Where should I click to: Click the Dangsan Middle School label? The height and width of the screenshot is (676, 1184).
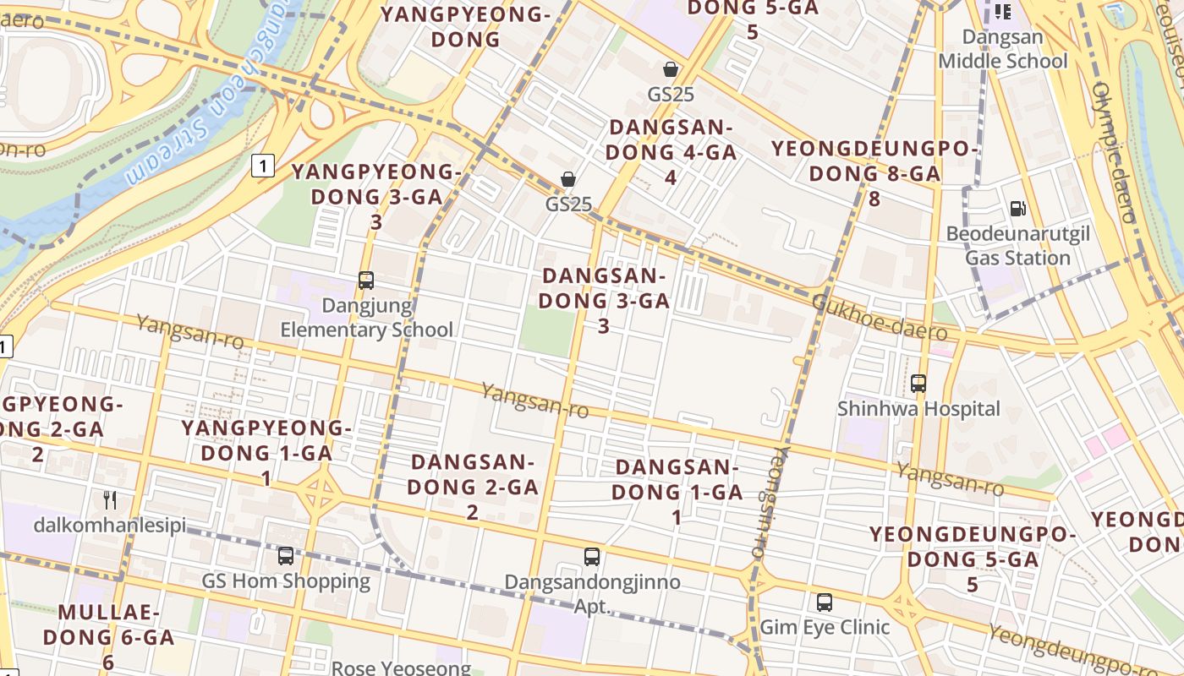point(1003,49)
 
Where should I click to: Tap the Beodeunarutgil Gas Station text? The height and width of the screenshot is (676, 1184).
point(1018,246)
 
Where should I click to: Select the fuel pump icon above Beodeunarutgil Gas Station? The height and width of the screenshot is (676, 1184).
point(1018,209)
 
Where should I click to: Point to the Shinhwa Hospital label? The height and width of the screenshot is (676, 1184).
point(918,409)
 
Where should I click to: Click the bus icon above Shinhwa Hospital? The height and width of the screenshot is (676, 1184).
point(918,384)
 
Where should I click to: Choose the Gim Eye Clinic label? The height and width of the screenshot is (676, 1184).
point(825,627)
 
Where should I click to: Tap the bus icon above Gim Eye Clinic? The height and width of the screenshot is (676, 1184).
point(825,602)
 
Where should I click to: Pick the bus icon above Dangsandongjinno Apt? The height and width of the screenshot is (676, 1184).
point(592,557)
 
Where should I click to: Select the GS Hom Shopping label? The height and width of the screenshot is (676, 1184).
point(286,581)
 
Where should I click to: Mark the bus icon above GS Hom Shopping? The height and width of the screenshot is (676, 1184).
point(286,556)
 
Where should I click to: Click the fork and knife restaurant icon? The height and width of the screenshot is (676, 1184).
point(110,500)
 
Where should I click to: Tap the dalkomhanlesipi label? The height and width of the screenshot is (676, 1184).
point(110,526)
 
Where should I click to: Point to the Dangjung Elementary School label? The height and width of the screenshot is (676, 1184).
point(366,318)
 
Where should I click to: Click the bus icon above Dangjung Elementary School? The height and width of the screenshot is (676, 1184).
point(366,281)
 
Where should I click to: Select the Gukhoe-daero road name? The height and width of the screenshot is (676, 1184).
point(879,318)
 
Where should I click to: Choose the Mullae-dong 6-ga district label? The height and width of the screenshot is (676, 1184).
point(108,636)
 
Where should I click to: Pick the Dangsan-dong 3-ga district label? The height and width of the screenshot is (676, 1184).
point(604,300)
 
